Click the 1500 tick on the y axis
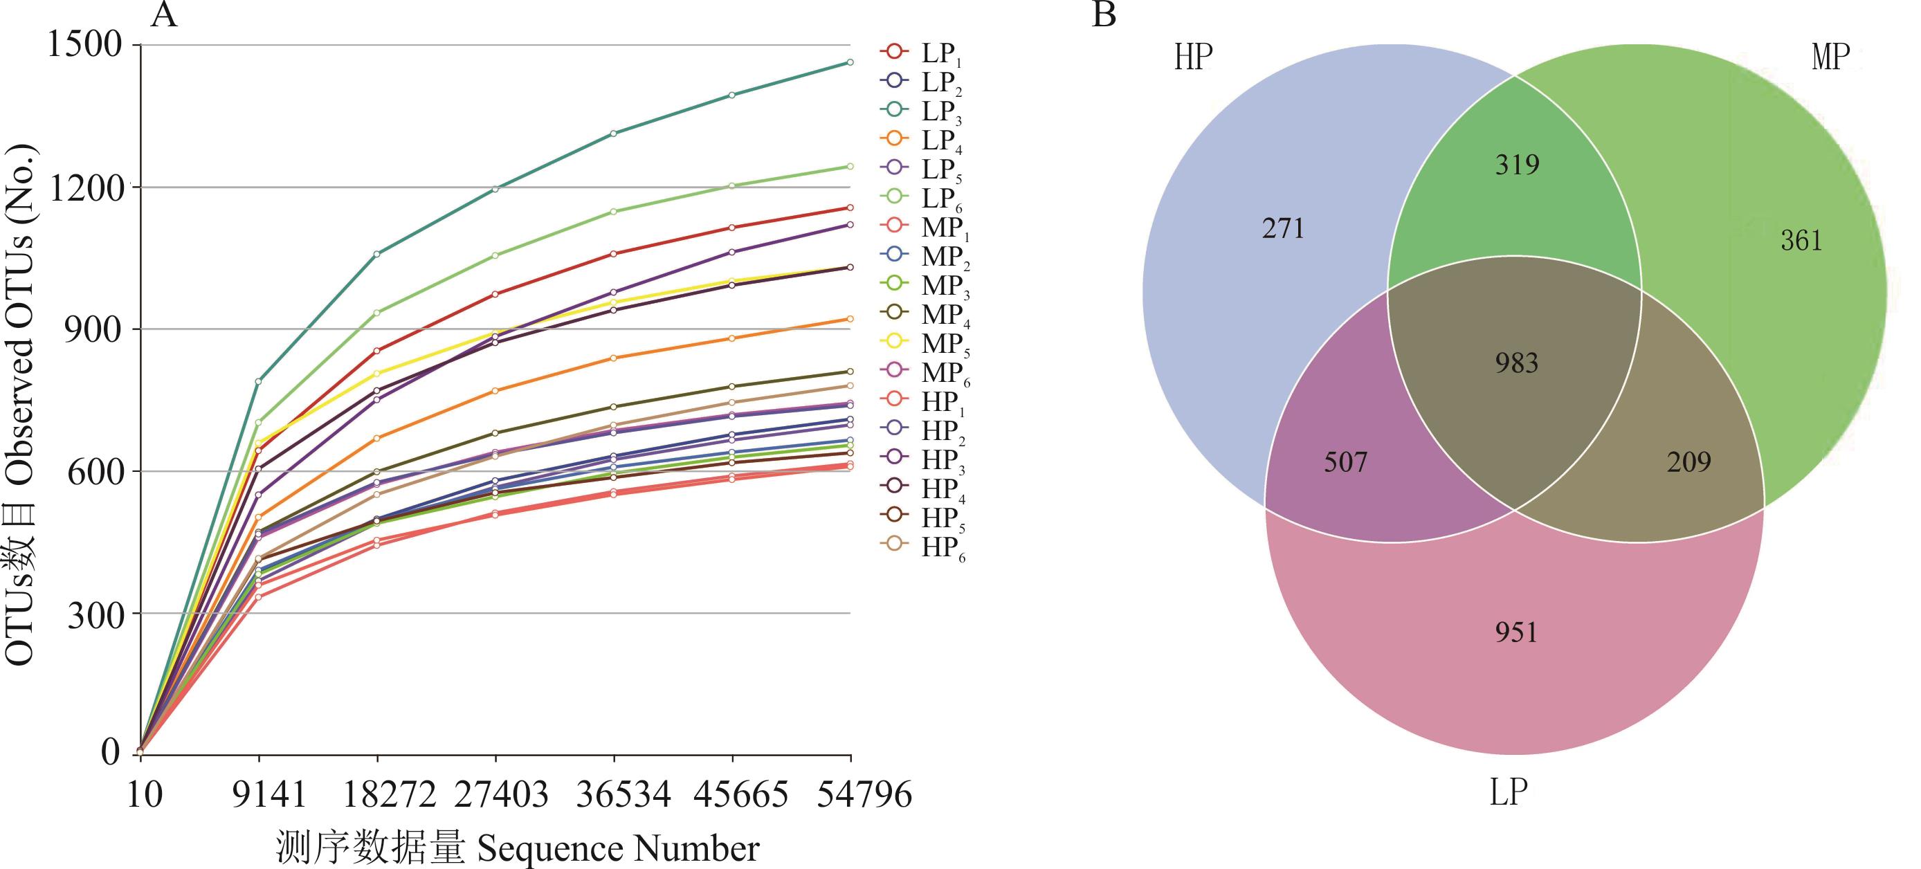tap(84, 45)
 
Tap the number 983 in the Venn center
tap(1517, 363)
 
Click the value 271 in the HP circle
tap(1284, 228)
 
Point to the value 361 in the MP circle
tap(1801, 240)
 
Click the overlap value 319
tap(1517, 164)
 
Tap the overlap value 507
tap(1345, 462)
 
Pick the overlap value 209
tap(1688, 462)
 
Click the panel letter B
tap(1104, 15)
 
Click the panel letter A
tap(164, 15)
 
